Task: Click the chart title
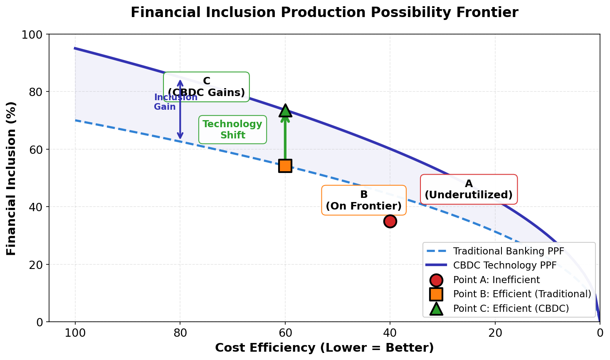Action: coord(324,12)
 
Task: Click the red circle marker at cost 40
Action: coord(390,221)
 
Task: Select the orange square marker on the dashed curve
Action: coord(285,165)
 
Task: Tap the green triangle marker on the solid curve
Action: coord(285,110)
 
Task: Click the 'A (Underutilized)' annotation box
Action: coord(469,190)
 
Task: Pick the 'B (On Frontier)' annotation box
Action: coord(364,200)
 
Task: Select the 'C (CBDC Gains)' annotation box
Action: coord(207,87)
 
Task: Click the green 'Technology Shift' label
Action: coord(232,130)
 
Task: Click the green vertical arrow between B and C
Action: coord(285,137)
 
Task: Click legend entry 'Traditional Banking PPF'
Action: coord(509,251)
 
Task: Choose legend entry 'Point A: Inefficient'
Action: coord(496,280)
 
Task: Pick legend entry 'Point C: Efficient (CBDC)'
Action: coord(511,308)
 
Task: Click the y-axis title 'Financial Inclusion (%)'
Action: coord(11,178)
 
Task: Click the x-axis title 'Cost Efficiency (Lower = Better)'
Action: coord(324,348)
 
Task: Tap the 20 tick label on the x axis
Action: coord(495,333)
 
